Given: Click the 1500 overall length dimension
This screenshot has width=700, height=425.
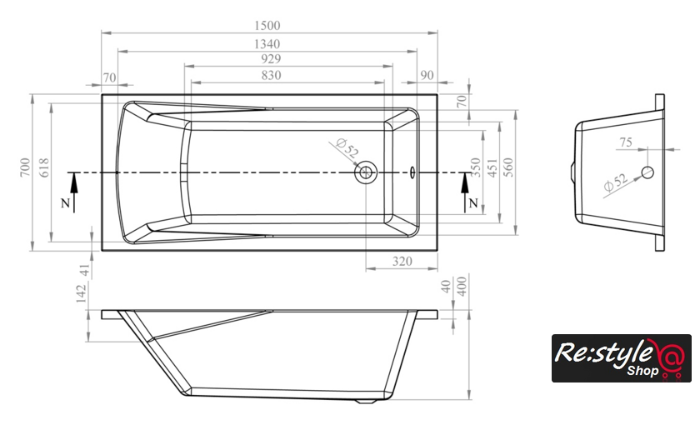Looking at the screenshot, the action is (267, 26).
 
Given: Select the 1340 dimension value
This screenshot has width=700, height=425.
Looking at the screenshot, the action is (267, 43).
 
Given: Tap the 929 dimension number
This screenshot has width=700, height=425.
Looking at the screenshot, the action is (271, 59).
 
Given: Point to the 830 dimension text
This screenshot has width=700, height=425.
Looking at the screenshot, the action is (271, 75).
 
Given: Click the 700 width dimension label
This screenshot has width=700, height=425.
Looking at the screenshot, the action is (25, 167).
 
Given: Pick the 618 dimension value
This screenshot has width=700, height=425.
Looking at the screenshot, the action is (44, 167).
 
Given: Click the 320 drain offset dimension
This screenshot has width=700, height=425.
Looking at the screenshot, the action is (402, 261).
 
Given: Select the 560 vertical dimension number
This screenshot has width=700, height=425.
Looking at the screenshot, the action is (508, 167).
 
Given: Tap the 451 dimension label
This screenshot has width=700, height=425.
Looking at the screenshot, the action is (492, 167).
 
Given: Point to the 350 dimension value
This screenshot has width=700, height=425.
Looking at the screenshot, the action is (476, 167).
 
